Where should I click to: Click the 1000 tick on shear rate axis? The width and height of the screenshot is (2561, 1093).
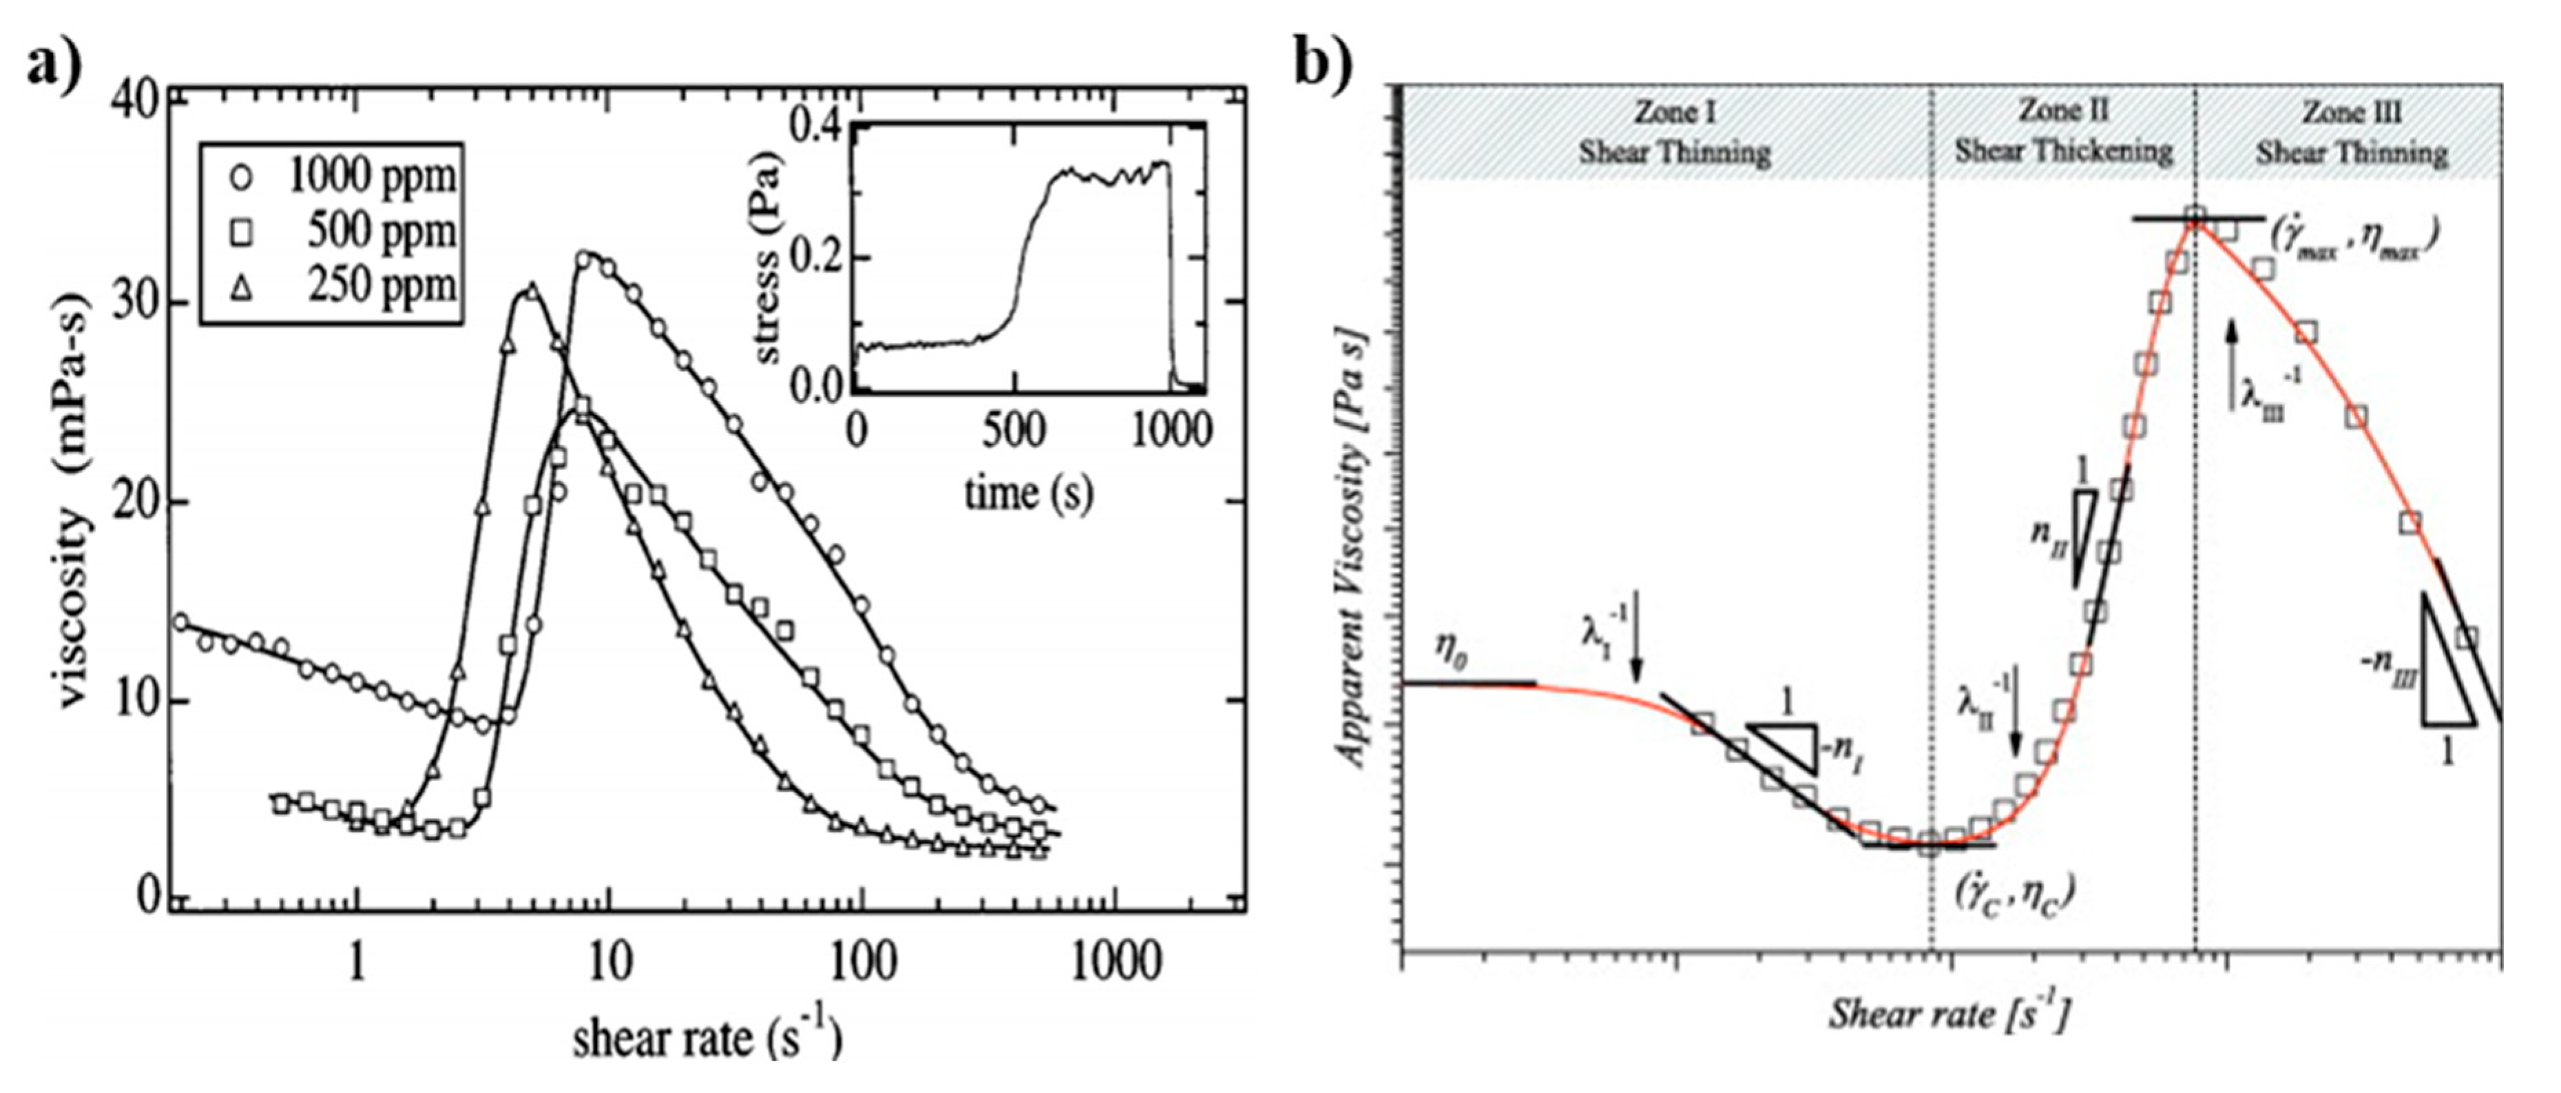click(x=1116, y=962)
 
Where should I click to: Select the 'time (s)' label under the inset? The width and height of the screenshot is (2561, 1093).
click(x=1028, y=492)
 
